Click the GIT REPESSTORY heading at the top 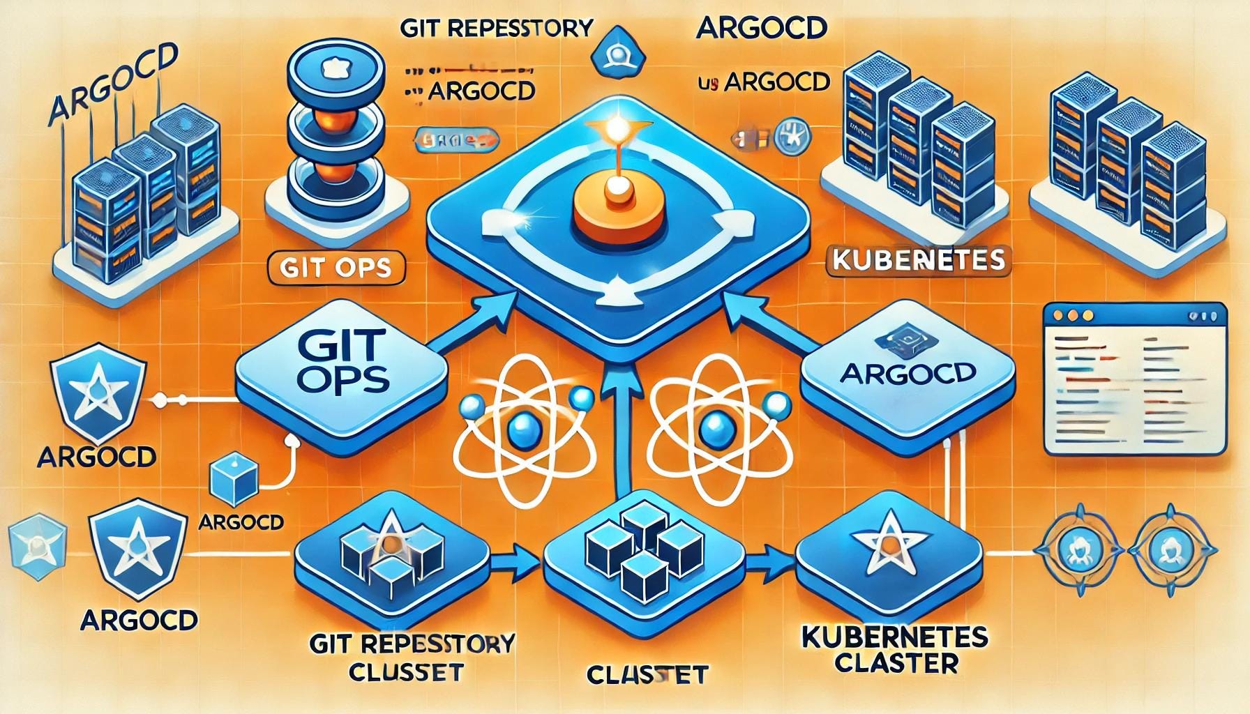tap(496, 29)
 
